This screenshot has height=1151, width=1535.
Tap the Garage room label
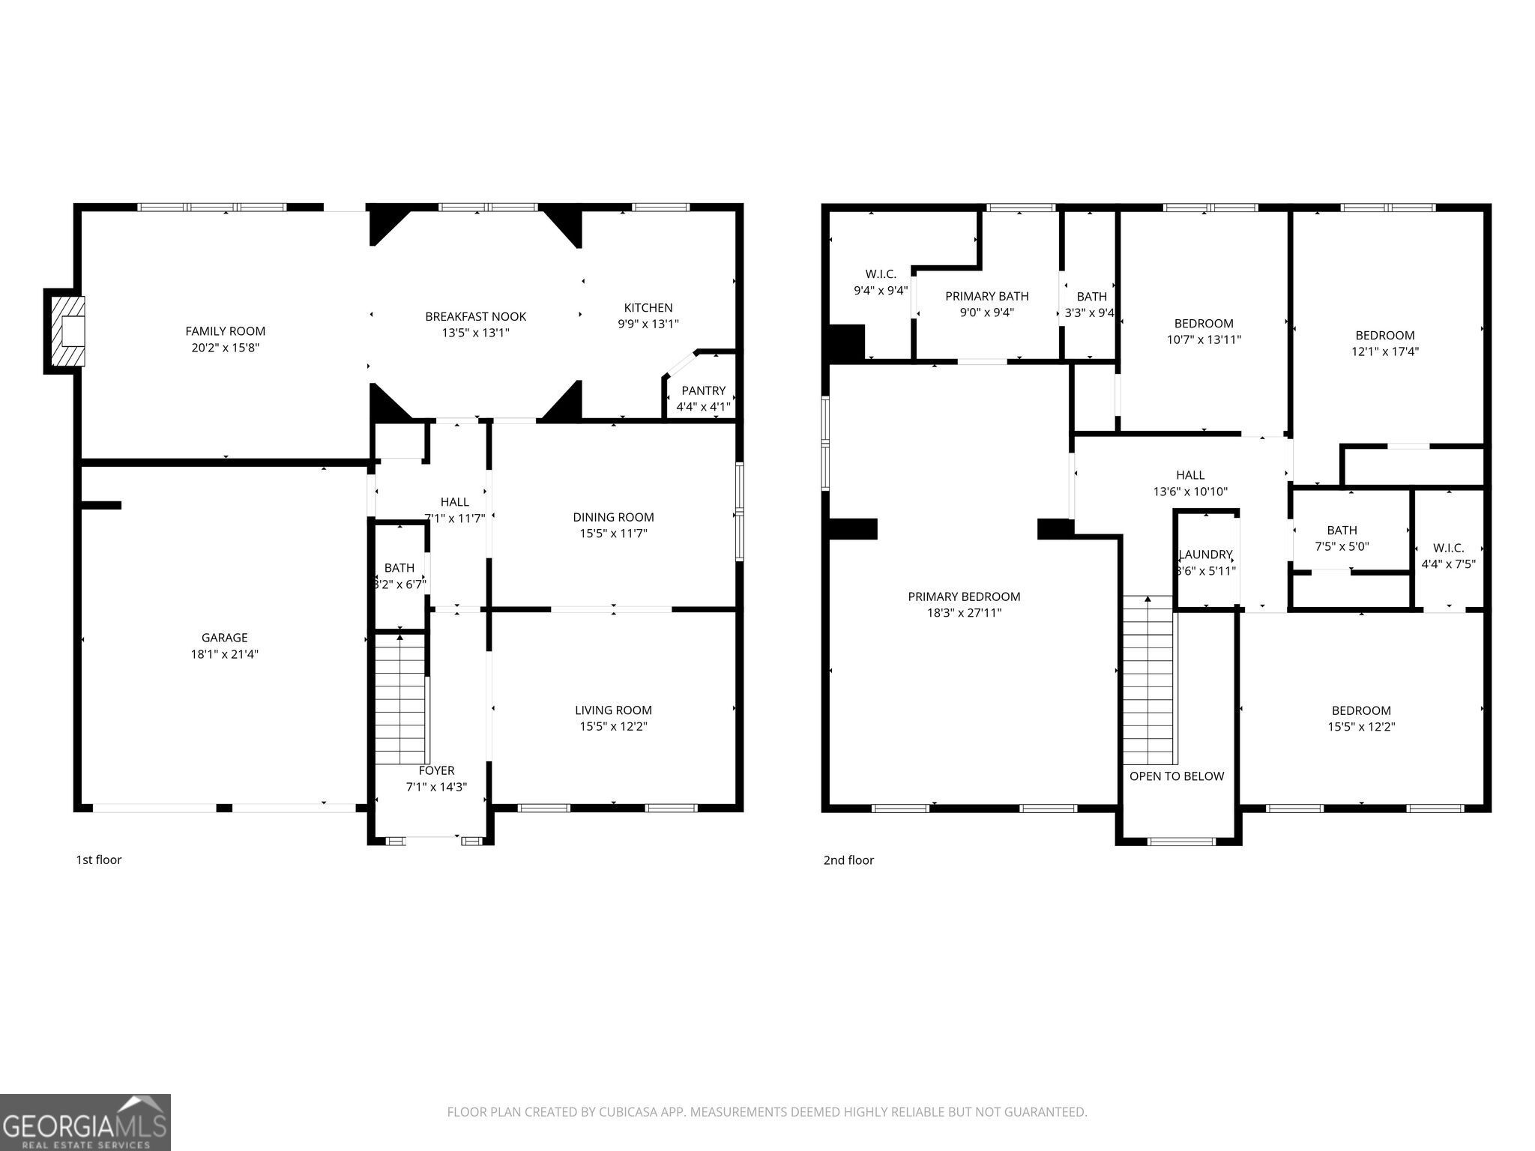tap(224, 638)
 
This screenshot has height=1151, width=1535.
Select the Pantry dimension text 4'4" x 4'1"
tap(703, 407)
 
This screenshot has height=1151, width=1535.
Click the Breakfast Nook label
tap(475, 317)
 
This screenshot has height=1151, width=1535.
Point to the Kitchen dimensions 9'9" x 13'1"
tap(648, 324)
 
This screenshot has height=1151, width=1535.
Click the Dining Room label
tap(613, 517)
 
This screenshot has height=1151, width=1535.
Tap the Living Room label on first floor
tap(613, 710)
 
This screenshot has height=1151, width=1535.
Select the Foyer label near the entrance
tap(436, 770)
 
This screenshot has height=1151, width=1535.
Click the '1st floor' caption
tap(98, 860)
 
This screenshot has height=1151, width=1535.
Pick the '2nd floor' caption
tap(848, 860)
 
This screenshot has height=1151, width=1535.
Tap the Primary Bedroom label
tap(964, 596)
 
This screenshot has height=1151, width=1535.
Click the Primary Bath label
tap(986, 296)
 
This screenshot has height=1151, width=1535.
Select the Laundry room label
tap(1206, 555)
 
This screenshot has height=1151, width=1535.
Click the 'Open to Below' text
tap(1177, 776)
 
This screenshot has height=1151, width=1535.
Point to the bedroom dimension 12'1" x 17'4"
tap(1384, 351)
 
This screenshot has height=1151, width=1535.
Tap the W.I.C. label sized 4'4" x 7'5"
tap(1448, 548)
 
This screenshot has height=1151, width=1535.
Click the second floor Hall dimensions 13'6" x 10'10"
tap(1189, 492)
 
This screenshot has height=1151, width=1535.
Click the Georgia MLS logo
tap(85, 1122)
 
